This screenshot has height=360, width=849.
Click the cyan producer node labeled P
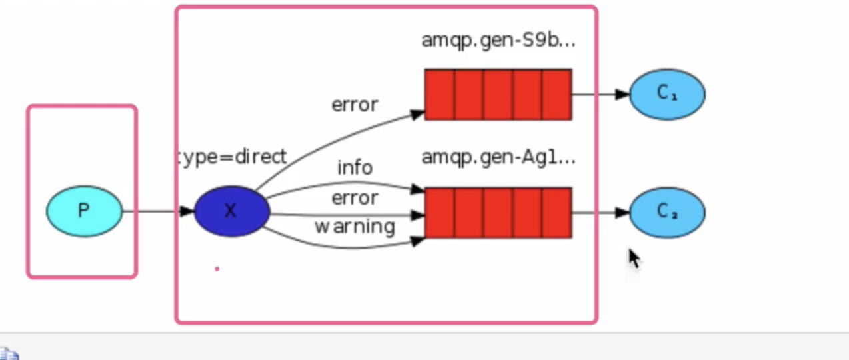coord(84,211)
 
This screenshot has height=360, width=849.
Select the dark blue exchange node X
coord(231,211)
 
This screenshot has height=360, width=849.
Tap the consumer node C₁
coord(666,94)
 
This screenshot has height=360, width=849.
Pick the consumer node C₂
coord(666,212)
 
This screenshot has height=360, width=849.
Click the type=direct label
coord(231,157)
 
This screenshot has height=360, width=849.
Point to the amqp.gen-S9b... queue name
coord(498,41)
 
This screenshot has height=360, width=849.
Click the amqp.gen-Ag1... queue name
coord(498,158)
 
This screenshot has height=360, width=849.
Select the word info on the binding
coord(355,167)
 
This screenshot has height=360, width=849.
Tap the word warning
coord(355,227)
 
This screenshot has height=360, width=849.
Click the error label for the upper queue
coord(355,105)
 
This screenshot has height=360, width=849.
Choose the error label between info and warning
coord(355,198)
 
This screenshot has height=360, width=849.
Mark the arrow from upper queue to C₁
coord(600,94)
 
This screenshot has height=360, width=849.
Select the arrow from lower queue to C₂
coord(600,213)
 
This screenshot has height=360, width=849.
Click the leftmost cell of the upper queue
coord(440,95)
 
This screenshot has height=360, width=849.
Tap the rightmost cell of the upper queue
coord(556,95)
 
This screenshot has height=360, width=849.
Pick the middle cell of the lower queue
coord(498,213)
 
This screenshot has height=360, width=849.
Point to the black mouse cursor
coord(634,258)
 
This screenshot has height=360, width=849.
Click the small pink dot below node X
coord(217,269)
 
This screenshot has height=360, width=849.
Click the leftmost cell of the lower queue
coord(440,213)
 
